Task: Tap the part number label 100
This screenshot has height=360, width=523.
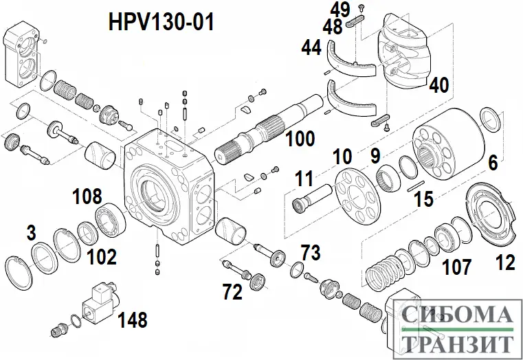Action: click(x=300, y=138)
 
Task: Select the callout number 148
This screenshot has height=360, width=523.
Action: click(x=131, y=319)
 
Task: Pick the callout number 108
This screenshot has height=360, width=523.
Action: click(x=89, y=196)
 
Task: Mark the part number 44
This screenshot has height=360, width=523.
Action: click(x=311, y=47)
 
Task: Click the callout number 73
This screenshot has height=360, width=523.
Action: click(x=311, y=252)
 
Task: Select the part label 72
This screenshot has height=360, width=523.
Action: click(x=232, y=293)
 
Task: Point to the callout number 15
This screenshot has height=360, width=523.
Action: click(x=423, y=199)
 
